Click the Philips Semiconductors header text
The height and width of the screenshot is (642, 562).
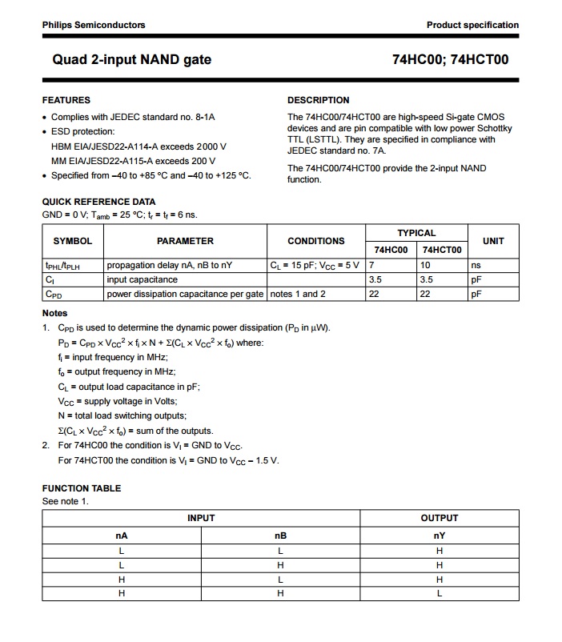94,25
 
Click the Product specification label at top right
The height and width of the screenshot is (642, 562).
472,25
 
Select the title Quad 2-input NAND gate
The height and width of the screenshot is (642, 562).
132,59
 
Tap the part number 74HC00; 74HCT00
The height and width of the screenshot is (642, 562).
450,59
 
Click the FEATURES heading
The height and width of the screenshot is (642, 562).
66,100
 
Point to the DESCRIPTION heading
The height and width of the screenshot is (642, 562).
318,100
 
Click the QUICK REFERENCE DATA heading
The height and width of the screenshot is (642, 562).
98,202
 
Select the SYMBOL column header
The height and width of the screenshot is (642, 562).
72,241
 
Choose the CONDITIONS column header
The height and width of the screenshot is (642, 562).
315,241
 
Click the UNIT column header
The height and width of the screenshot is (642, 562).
493,241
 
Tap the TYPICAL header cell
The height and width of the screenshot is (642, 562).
416,233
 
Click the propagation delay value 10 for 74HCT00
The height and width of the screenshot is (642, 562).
426,265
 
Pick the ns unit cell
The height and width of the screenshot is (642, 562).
476,265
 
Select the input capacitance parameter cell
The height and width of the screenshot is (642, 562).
143,279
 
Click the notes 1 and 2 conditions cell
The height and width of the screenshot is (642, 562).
299,294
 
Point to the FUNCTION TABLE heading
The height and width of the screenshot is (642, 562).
81,488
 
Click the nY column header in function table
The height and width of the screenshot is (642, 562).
440,536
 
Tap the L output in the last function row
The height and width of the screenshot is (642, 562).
440,593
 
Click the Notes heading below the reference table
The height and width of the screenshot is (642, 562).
54,313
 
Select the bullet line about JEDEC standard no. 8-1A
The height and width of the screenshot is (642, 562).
133,117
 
